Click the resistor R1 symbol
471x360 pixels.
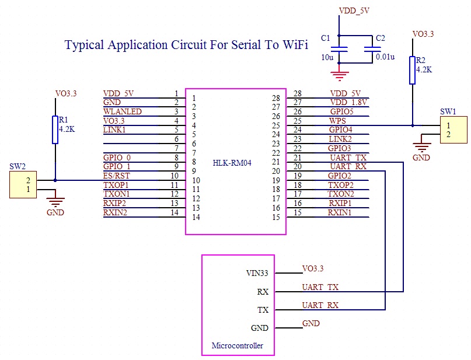click(55, 130)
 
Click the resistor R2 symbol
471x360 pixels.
click(413, 70)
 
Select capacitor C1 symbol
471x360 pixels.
click(343, 50)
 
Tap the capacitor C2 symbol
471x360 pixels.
click(369, 50)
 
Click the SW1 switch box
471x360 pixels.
click(453, 130)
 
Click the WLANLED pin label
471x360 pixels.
click(123, 111)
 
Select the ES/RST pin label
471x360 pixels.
click(116, 176)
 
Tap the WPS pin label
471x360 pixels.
click(337, 121)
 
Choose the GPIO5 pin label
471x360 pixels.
click(341, 111)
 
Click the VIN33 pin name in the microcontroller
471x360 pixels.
click(257, 273)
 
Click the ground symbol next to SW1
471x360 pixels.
click(421, 148)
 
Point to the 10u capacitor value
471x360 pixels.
click(326, 57)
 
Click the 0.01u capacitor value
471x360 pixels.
click(385, 57)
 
